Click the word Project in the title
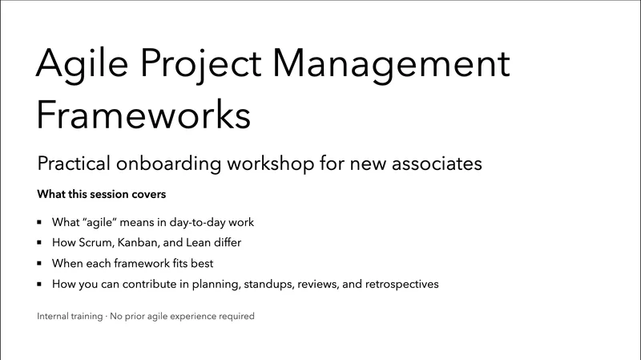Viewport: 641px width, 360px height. click(x=204, y=64)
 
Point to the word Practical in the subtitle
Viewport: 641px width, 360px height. click(x=80, y=164)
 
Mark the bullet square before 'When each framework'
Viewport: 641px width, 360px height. click(x=40, y=263)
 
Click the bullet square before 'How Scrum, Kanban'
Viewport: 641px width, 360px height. click(x=40, y=242)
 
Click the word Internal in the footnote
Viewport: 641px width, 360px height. click(x=54, y=317)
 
